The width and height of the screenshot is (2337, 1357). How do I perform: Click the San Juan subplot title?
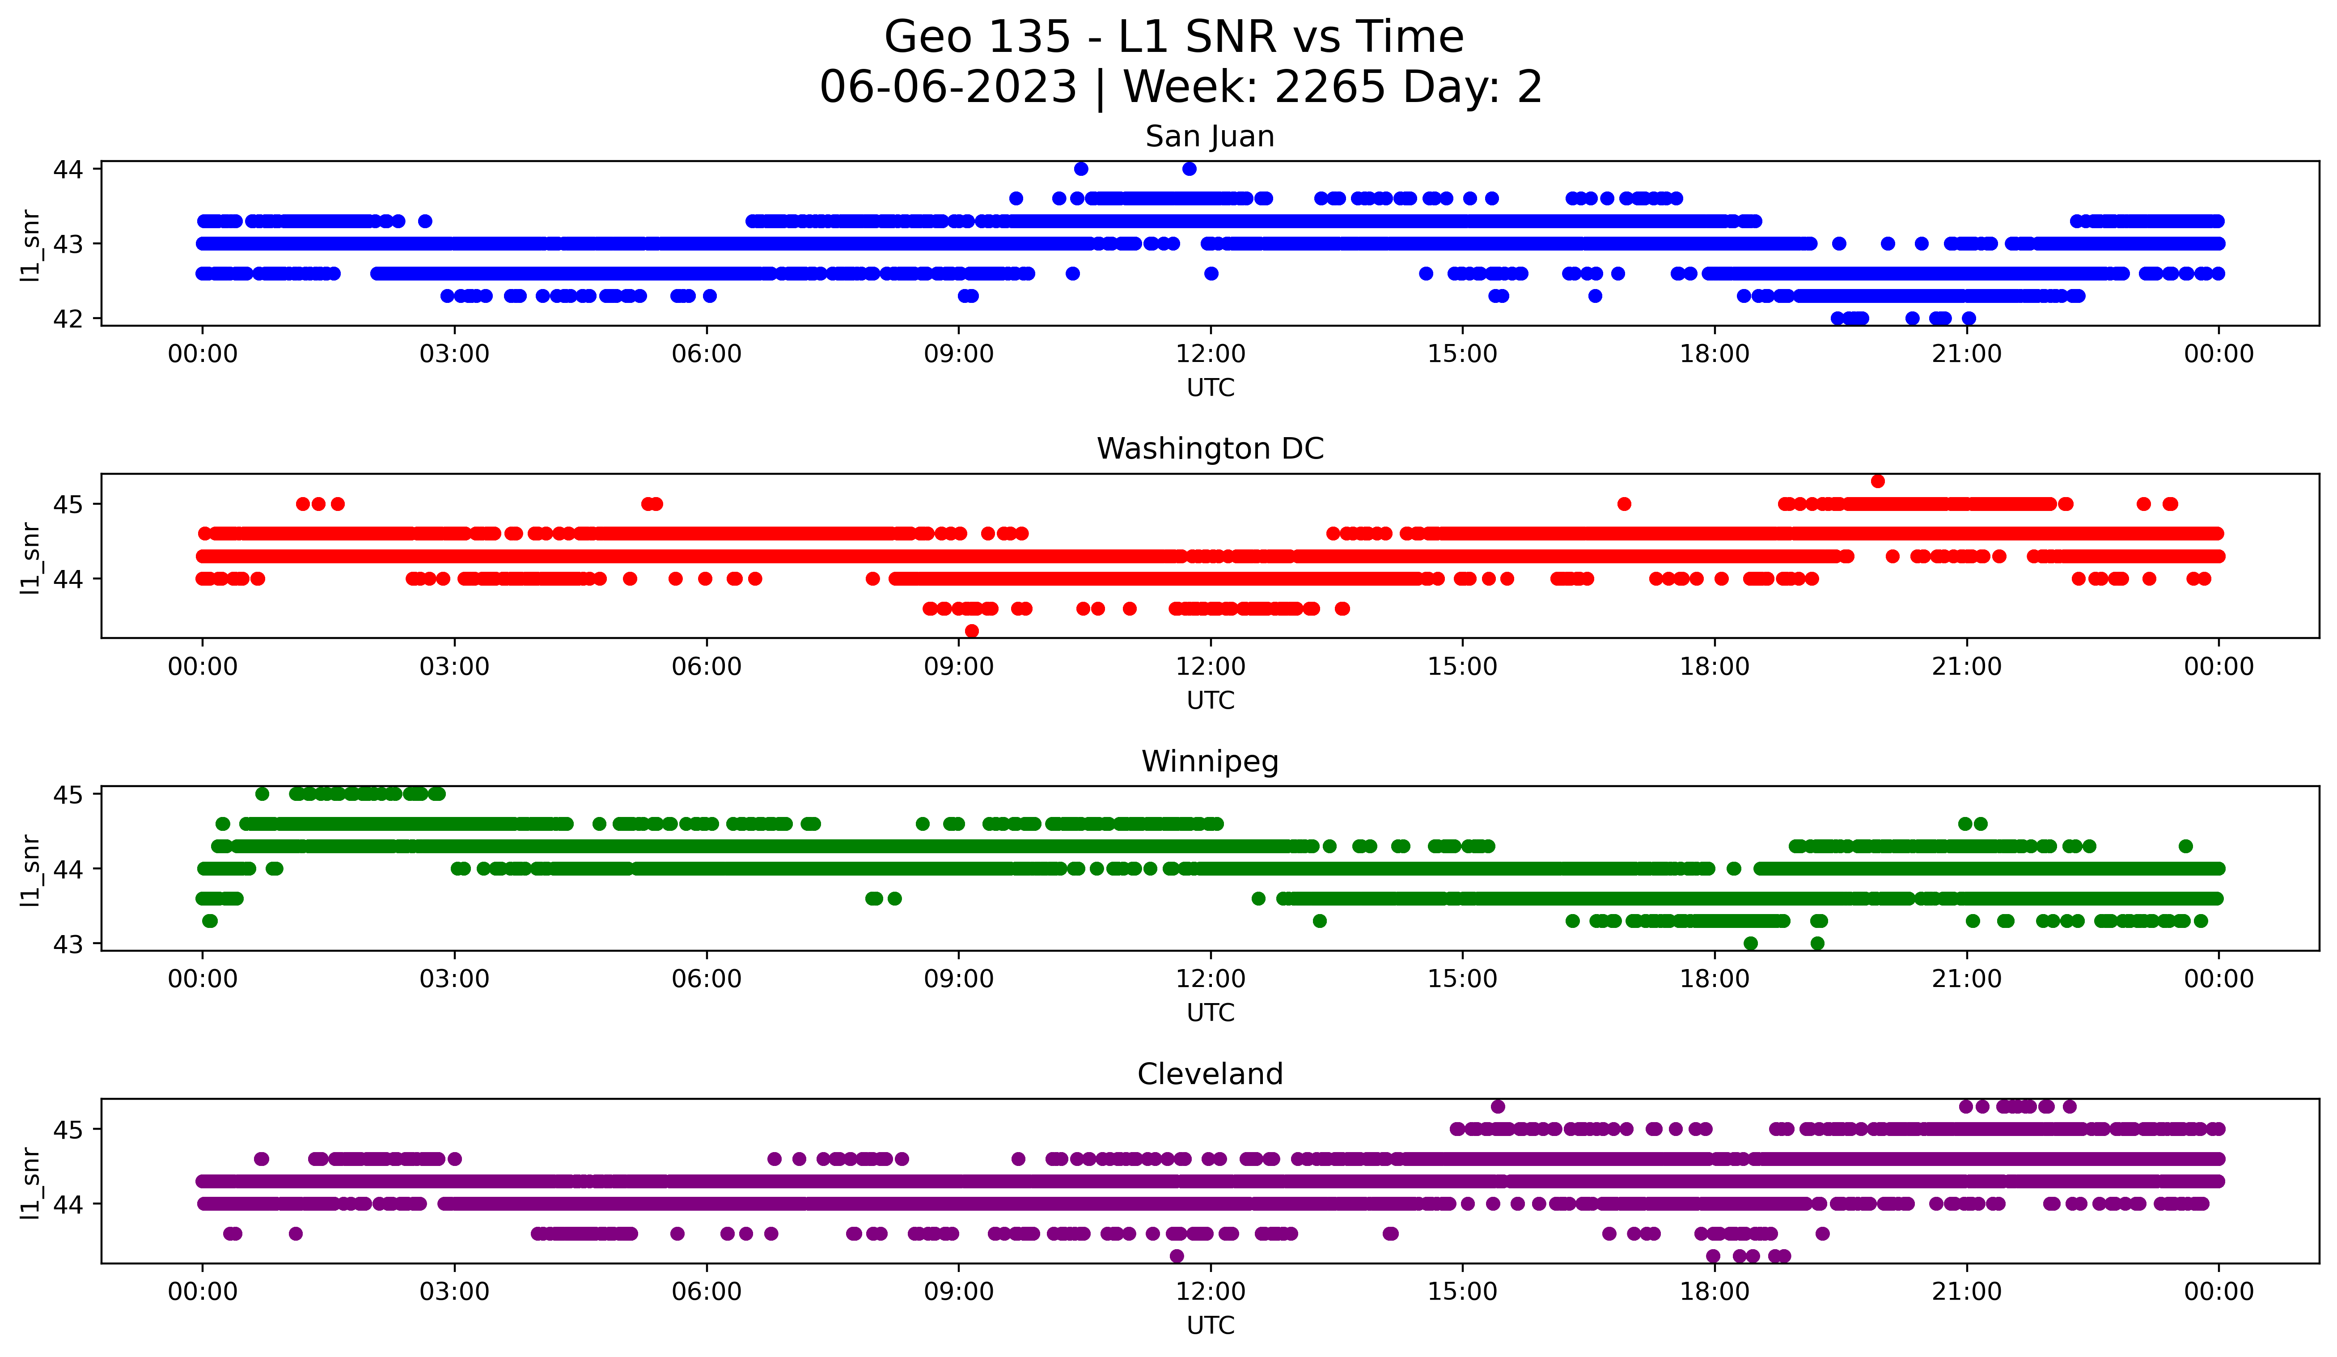[1209, 136]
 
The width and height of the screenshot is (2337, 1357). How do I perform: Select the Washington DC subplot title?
[1209, 449]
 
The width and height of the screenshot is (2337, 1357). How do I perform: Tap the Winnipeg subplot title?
[1209, 761]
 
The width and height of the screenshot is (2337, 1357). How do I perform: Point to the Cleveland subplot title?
[1209, 1074]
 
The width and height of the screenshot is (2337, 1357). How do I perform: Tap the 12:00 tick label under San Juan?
[1210, 354]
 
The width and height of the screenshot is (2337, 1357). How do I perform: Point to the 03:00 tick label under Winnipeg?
[454, 979]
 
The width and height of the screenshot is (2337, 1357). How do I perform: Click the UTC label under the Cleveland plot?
[1210, 1326]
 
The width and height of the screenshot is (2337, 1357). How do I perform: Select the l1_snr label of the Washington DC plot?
[30, 557]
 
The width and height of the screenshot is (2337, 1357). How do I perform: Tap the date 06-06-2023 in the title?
[948, 87]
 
